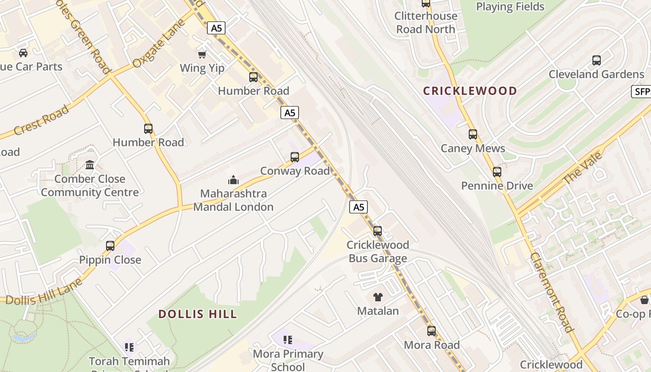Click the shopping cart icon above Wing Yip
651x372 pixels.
pos(202,55)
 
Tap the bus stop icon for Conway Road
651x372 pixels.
pos(295,157)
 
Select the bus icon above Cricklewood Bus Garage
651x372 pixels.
pos(378,231)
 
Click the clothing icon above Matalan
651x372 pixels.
pos(378,297)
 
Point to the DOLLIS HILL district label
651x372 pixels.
pos(198,314)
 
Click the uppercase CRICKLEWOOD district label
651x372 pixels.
pos(470,91)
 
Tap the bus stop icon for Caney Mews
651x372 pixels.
pos(473,134)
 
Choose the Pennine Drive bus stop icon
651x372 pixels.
pos(497,172)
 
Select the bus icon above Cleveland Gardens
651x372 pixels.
pos(597,60)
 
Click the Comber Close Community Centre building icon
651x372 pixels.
pos(90,165)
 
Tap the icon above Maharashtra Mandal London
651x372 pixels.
pos(233,179)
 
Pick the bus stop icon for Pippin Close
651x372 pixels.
pos(110,246)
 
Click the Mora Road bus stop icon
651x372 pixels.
pos(432,331)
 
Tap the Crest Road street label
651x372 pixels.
pos(41,120)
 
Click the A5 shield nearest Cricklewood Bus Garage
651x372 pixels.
pos(359,207)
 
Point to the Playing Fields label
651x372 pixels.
pos(510,7)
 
